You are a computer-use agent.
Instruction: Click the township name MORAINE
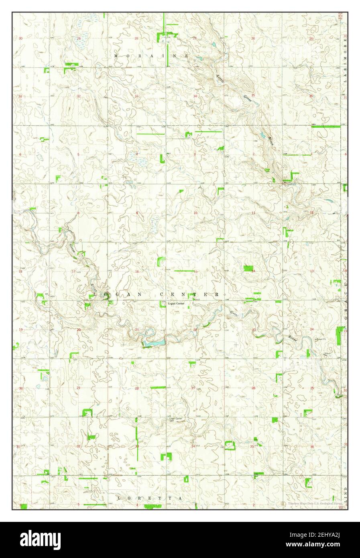[151, 55]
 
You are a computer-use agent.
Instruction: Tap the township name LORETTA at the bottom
[149, 498]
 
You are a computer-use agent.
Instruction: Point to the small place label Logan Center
[176, 303]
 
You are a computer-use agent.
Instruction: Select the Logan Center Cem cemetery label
[176, 420]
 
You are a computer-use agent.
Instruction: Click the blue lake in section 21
[155, 343]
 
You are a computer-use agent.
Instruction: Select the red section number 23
[254, 330]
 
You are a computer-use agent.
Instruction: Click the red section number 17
[73, 271]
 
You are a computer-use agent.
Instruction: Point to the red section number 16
[137, 271]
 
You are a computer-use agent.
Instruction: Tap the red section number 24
[311, 329]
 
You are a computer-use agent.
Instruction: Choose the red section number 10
[195, 213]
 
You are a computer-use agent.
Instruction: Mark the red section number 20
[79, 330]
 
